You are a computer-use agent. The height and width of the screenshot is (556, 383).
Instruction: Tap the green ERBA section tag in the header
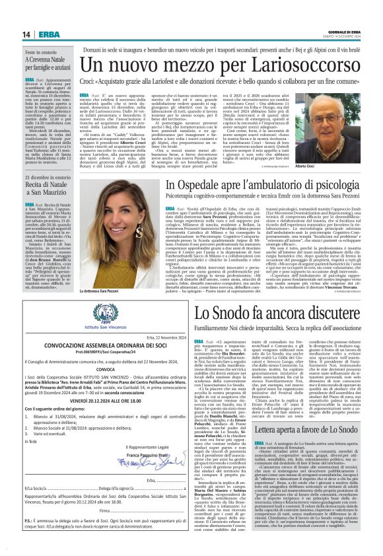point(49,35)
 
